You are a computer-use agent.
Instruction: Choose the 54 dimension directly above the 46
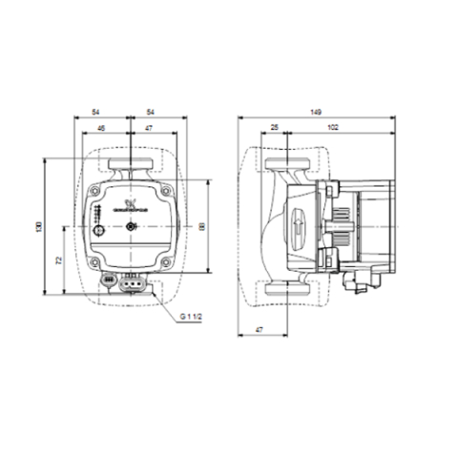tap(96, 113)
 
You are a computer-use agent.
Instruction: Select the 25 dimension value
tap(274, 126)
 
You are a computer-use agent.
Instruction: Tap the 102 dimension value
tap(331, 126)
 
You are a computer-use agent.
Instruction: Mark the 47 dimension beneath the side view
tap(258, 329)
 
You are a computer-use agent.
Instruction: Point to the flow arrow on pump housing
tap(298, 228)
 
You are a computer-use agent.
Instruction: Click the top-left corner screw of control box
tap(99, 190)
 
